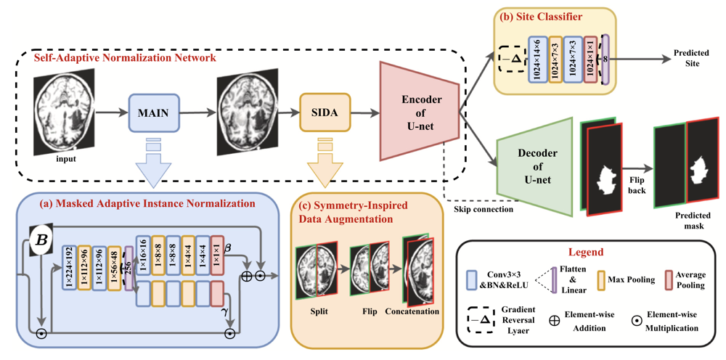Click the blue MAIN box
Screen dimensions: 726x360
click(153, 113)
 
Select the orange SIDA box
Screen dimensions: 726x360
click(325, 113)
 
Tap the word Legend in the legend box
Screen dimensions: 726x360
click(590, 253)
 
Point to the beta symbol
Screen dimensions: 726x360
click(227, 250)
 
